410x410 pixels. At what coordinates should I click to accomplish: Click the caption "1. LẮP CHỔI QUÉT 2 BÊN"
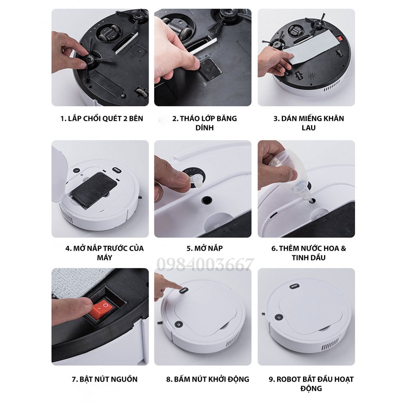[101, 119]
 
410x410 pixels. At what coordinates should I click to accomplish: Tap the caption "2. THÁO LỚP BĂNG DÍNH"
[204, 123]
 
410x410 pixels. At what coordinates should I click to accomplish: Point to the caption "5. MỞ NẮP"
[204, 248]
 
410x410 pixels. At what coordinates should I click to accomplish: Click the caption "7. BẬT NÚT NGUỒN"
[105, 379]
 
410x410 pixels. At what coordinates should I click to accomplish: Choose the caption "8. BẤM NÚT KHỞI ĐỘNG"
[207, 379]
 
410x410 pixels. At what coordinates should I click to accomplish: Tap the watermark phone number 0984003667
[205, 265]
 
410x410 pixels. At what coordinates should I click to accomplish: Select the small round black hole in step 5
[207, 199]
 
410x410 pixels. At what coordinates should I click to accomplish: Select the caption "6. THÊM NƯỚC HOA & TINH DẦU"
[308, 253]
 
